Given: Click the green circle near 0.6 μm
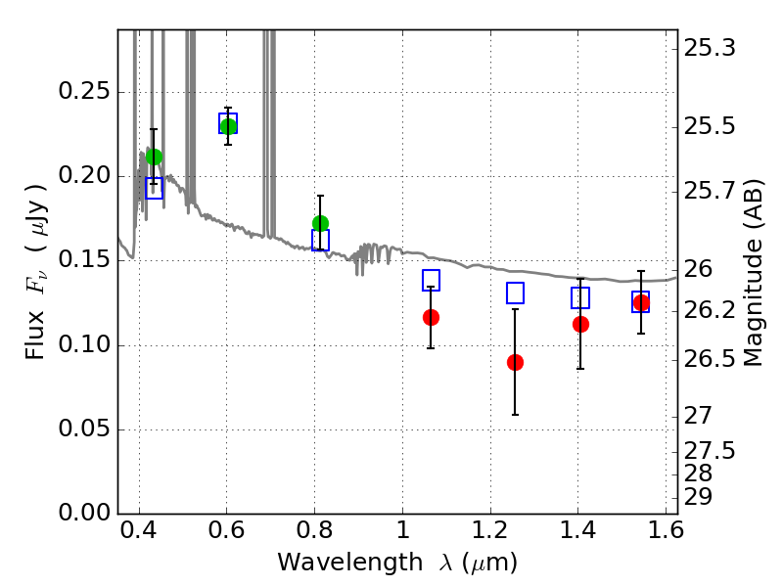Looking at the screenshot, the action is (x=228, y=126).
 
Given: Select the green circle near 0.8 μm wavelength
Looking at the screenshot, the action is (x=321, y=223).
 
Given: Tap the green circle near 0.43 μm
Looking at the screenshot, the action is (x=155, y=157).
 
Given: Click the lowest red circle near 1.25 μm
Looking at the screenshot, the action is (x=516, y=362).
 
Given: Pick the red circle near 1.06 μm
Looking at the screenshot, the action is (x=431, y=317).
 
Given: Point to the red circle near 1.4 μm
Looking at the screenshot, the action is (x=580, y=324).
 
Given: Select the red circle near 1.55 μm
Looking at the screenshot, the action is (x=641, y=302).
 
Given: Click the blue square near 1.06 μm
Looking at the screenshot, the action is (x=431, y=280).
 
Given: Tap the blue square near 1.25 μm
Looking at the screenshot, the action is (x=516, y=293).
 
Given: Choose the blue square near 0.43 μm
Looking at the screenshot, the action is (x=155, y=188).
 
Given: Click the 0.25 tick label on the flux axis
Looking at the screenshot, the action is (x=84, y=91).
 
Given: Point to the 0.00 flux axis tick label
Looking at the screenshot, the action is (x=84, y=513).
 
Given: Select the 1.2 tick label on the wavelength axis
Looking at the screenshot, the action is (x=490, y=530).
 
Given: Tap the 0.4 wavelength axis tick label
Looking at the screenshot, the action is (x=139, y=530).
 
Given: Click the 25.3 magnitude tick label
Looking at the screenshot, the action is (x=710, y=48).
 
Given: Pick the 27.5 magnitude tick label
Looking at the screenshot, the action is (x=710, y=451).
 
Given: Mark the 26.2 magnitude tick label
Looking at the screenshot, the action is (x=710, y=310).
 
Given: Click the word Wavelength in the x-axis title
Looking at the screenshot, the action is (x=350, y=563).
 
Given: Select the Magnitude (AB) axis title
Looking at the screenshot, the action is (x=753, y=273).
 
